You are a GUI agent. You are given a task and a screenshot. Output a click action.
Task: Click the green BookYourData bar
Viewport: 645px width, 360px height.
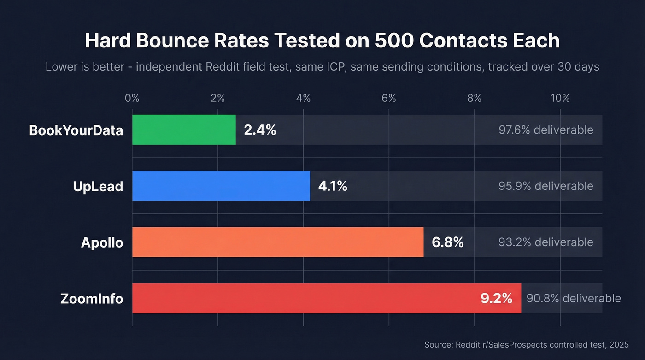coord(184,130)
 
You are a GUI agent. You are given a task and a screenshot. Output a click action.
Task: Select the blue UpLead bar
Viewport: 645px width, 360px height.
coord(221,186)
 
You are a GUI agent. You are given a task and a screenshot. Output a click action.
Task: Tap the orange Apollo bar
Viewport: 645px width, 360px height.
coord(277,242)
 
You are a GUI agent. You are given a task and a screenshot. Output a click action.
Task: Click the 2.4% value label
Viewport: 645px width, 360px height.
coord(260,130)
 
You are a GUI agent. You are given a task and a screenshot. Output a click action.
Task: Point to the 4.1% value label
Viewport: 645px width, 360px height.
coord(333,186)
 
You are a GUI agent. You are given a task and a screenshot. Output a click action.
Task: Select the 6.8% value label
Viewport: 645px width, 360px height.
coord(447,242)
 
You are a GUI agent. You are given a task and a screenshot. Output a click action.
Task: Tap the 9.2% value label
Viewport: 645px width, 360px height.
coord(496,299)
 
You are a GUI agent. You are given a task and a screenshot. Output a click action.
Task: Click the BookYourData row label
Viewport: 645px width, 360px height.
coord(76,130)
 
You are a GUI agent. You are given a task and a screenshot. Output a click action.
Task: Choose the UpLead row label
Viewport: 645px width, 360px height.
coord(98,187)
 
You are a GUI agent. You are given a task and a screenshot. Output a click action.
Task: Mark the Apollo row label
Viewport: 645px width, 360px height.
coord(102,243)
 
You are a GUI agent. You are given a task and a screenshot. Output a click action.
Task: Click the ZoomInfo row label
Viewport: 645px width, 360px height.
coord(92,299)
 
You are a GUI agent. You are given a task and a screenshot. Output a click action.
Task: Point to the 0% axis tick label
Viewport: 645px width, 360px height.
coord(132,98)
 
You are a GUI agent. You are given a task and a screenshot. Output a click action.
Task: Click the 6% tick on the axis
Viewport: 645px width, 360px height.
coord(389,98)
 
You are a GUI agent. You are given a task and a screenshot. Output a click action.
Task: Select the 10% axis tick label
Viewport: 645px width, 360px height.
coord(560,98)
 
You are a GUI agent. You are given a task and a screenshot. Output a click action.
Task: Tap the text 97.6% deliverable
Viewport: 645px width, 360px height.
coord(545,130)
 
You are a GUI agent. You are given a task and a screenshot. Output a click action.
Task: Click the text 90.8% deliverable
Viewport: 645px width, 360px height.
coord(574,299)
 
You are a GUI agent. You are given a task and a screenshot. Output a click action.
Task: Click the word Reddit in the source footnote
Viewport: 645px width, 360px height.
coord(466,345)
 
